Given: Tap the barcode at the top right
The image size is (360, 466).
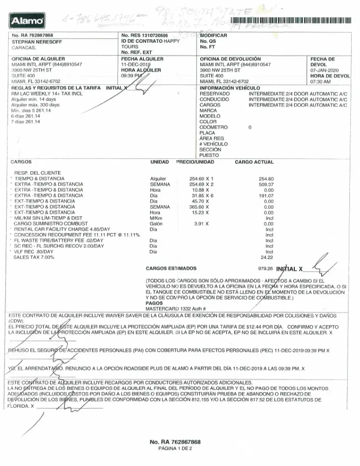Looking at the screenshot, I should (x=289, y=21).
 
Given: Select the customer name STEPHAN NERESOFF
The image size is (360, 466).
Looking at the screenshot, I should (x=33, y=41).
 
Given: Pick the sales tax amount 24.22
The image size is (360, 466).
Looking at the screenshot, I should (x=267, y=257).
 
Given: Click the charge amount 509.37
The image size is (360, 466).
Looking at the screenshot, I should (x=269, y=184).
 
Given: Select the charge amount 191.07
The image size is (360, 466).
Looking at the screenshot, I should (x=269, y=196).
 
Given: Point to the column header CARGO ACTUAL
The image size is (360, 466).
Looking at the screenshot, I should (x=254, y=162).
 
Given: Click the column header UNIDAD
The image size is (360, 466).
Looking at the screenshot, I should (x=160, y=162).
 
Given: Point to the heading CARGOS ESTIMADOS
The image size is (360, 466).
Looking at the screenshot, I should (x=171, y=269).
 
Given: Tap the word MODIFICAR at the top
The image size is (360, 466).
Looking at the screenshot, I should (x=213, y=35).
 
